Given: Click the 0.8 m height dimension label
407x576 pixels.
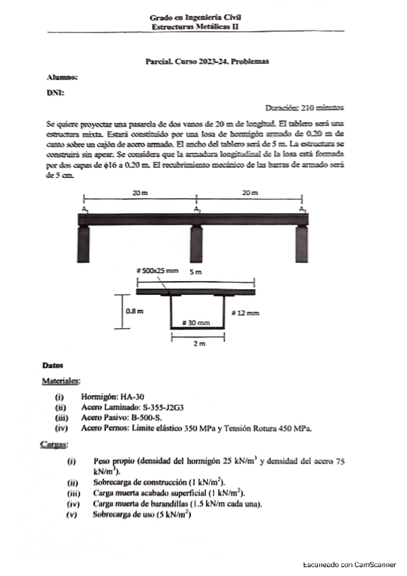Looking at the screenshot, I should click(137, 312).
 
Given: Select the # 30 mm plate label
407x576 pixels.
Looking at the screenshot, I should click(197, 322).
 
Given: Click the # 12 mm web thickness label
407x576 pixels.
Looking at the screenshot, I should click(245, 312).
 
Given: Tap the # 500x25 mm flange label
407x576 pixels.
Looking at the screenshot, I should click(157, 270).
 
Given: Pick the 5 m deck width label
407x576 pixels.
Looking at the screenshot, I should click(196, 272).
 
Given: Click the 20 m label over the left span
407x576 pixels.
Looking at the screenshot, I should click(140, 194).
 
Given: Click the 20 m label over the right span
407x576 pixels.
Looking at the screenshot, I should click(250, 194).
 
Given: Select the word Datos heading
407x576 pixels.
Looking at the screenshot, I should click(52, 366).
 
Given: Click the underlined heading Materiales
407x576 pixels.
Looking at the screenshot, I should click(62, 380).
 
